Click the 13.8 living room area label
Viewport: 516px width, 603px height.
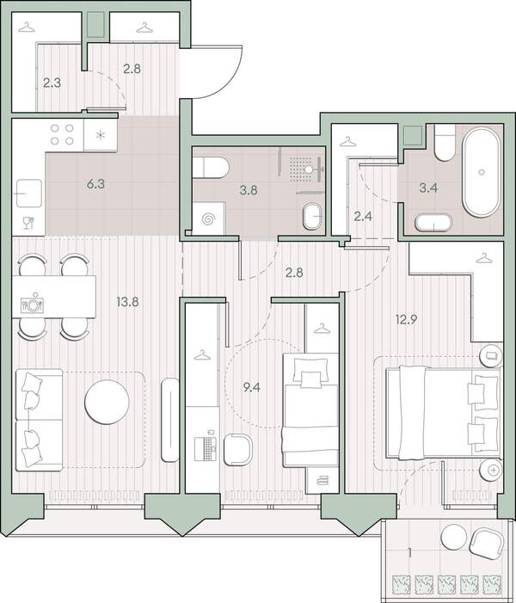pos(127,302)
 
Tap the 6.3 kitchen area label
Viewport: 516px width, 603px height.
pos(95,184)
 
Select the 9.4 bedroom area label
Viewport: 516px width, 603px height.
pos(251,387)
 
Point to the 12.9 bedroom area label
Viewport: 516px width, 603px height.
pos(407,319)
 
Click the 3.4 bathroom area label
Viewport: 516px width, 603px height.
pos(428,188)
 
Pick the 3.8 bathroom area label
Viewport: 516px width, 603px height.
pos(249,190)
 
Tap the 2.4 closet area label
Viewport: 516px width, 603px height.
pos(363,217)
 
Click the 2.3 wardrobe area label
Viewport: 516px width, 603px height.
pos(52,83)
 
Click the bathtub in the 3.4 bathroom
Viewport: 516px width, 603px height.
pos(482,170)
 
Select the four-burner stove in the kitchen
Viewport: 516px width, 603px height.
pos(62,134)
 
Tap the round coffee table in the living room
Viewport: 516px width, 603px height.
pos(107,402)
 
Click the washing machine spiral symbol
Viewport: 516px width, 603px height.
pos(208,219)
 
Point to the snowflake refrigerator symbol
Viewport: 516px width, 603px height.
pos(101,135)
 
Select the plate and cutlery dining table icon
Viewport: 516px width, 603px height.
pos(32,303)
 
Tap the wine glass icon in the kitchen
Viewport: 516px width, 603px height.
pos(28,223)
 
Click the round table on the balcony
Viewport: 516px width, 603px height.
pos(454,537)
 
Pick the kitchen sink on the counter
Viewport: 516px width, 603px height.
pos(28,194)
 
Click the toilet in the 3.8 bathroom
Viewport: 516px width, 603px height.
pos(211,168)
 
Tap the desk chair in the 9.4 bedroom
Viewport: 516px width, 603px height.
pos(237,450)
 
